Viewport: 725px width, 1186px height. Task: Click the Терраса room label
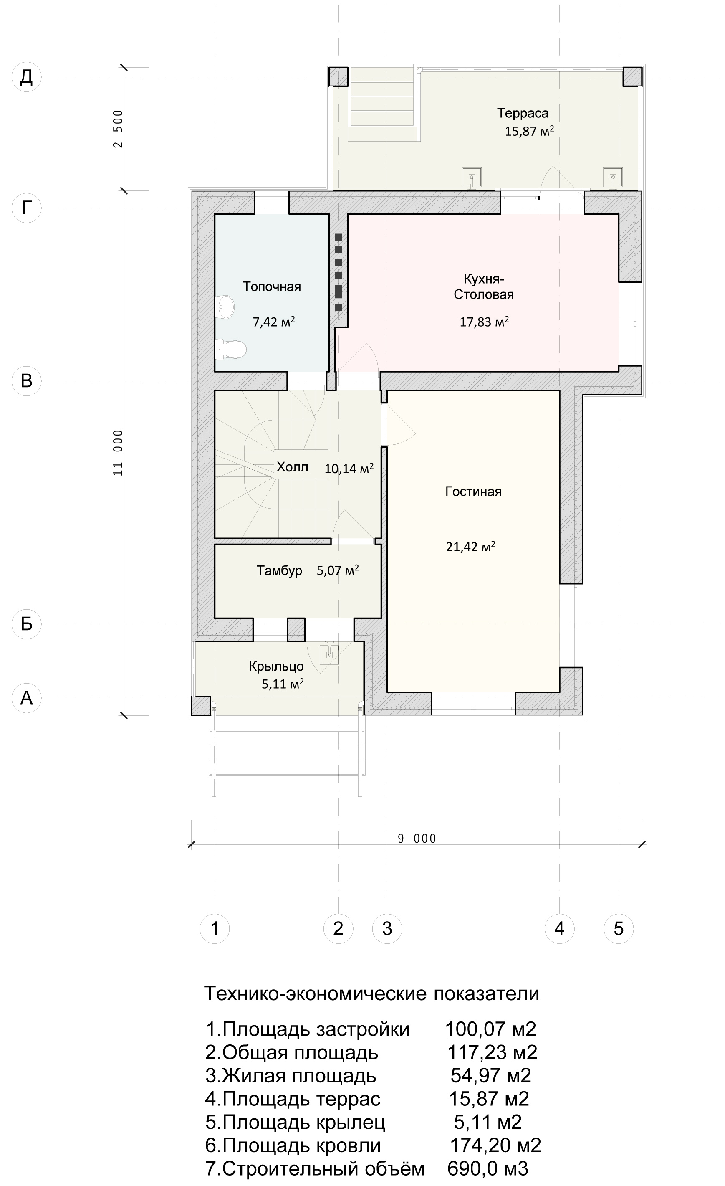(x=523, y=113)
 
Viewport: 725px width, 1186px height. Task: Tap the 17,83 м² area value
(x=484, y=322)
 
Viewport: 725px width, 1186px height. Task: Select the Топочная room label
(x=272, y=286)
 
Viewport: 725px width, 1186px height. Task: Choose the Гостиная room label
(x=473, y=492)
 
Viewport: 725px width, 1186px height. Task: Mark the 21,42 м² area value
(x=470, y=546)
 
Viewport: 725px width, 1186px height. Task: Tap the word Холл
(x=292, y=467)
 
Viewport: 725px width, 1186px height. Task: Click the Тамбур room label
(x=279, y=570)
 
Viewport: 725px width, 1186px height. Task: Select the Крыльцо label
(x=276, y=666)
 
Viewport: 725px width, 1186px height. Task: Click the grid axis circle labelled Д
(x=26, y=77)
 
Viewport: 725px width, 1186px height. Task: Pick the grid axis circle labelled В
(x=26, y=381)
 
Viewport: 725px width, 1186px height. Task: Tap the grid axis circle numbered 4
(x=559, y=928)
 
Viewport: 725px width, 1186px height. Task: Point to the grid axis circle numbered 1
(x=215, y=928)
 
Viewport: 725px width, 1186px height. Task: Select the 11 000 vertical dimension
(x=119, y=453)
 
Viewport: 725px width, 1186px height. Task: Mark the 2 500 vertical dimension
(x=119, y=129)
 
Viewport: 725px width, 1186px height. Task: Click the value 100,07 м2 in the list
(x=490, y=1029)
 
